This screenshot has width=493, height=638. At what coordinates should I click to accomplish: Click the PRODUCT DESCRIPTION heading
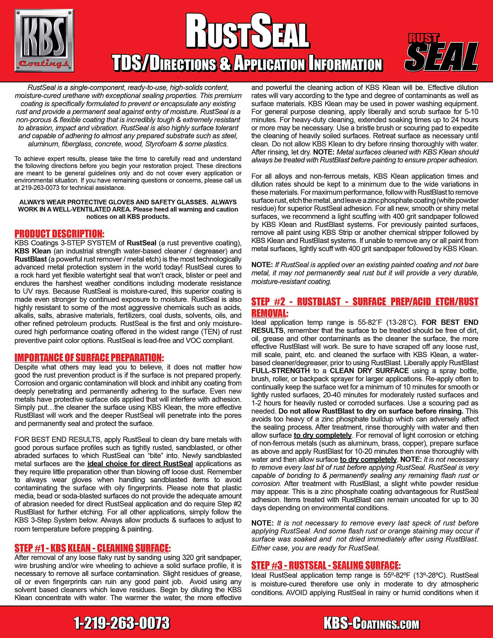pyautogui.click(x=59, y=234)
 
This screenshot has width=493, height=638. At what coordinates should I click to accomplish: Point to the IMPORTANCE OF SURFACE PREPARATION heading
pyautogui.click(x=89, y=358)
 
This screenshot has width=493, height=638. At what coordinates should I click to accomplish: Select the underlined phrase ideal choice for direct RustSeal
pyautogui.click(x=140, y=464)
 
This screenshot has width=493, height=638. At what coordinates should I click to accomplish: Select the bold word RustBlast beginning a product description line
pyautogui.click(x=31, y=259)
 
